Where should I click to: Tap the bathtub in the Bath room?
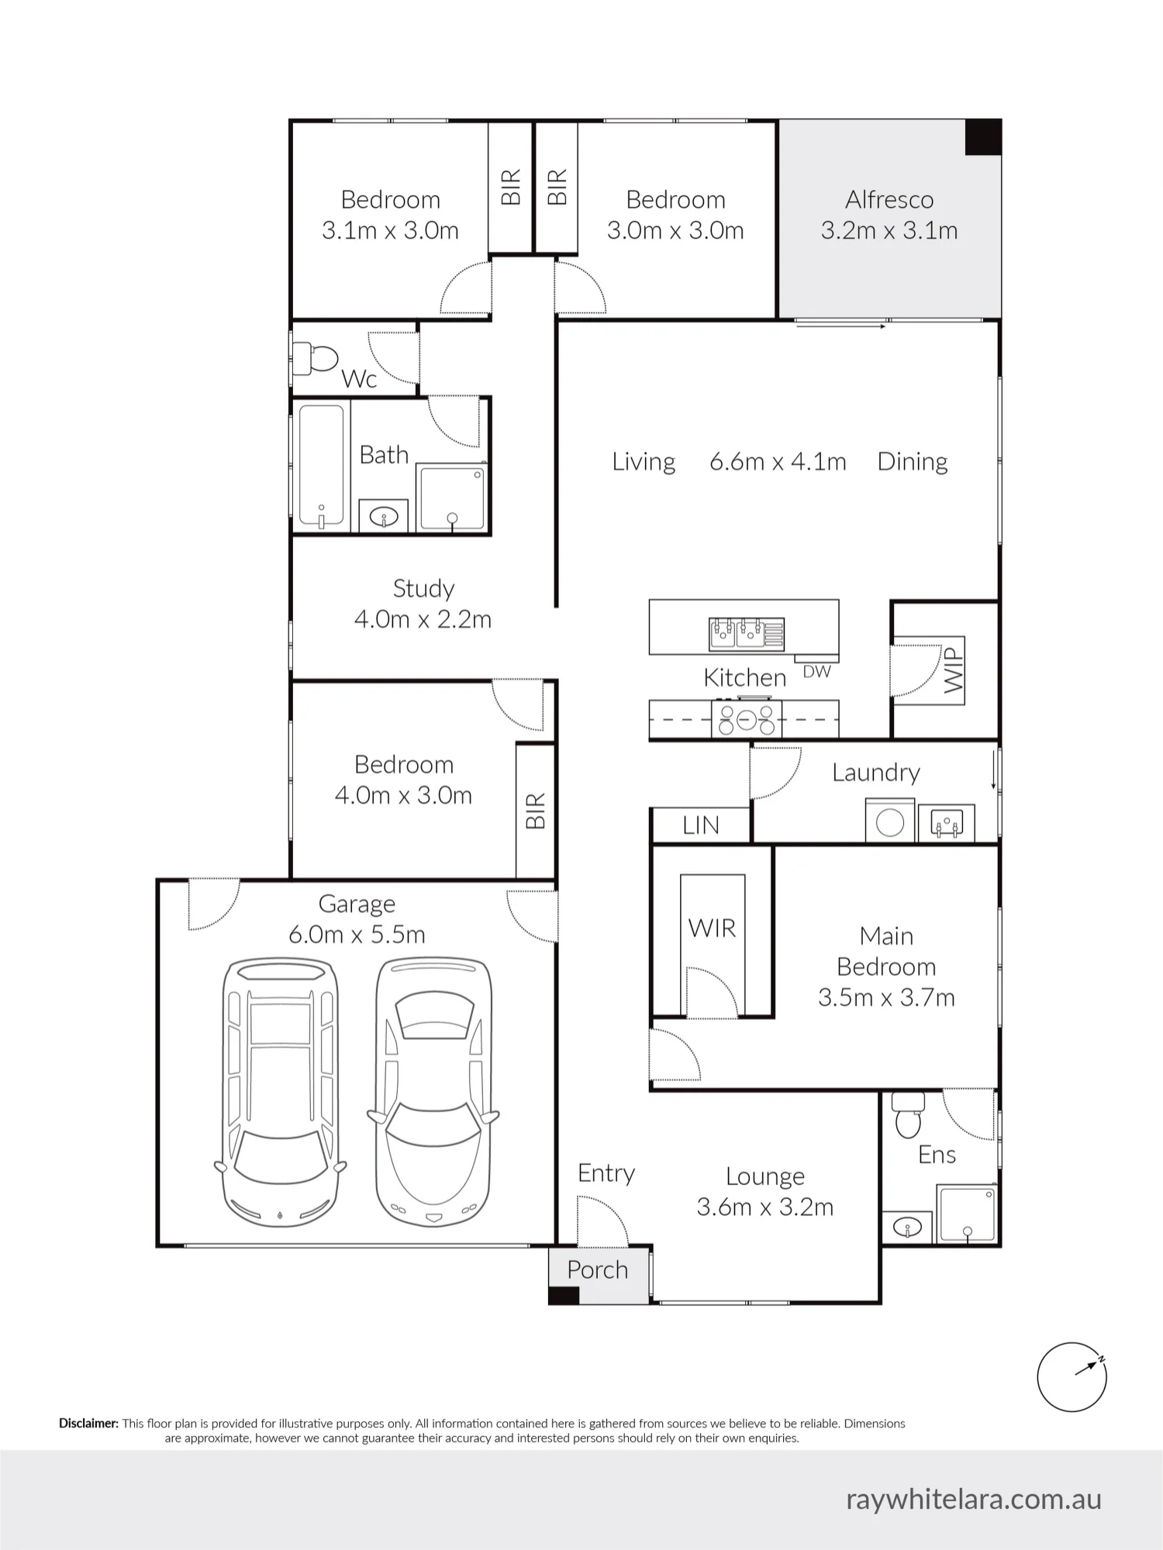click(321, 465)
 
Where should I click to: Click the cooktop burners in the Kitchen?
click(746, 719)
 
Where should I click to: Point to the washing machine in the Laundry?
click(890, 822)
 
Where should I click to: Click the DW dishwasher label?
click(816, 672)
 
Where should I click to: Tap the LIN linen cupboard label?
click(701, 825)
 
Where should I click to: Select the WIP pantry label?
click(954, 670)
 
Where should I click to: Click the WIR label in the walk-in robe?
click(712, 928)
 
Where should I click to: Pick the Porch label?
click(597, 1270)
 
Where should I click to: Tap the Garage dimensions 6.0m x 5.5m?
click(357, 935)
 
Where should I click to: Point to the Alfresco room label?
click(889, 200)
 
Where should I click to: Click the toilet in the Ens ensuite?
click(908, 1114)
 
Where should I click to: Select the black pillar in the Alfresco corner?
click(983, 137)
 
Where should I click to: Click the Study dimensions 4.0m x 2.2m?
click(423, 619)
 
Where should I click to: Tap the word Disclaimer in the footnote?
click(89, 1424)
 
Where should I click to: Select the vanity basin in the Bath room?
click(384, 517)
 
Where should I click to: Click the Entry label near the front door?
click(606, 1173)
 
